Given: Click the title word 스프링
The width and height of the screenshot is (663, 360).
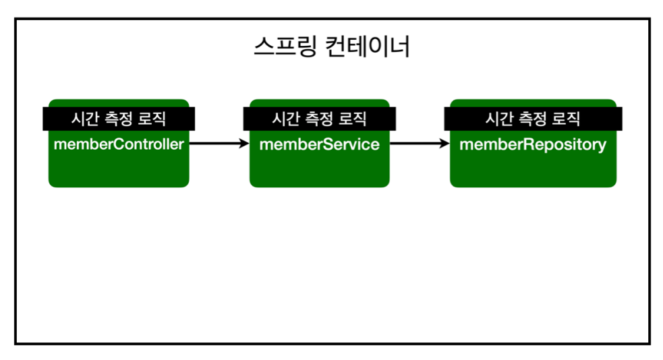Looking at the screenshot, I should point(285,47).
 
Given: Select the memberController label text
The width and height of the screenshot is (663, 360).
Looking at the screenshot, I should point(119,144).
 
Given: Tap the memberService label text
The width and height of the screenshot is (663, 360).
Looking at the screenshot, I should point(319,144).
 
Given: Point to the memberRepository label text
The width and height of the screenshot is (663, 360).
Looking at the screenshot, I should point(533,144).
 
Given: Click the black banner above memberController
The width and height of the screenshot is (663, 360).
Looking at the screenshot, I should point(119,119).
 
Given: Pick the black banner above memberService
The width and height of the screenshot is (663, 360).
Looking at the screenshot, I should point(319,119).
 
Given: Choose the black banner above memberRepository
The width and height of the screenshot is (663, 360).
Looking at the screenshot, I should point(533,119).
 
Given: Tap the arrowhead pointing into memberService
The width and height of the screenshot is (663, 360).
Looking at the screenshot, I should point(245,144).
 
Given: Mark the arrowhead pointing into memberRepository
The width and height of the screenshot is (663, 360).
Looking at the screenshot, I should point(445,144).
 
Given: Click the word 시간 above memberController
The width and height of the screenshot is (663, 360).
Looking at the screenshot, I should point(82,119).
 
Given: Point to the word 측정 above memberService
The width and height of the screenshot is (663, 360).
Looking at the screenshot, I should point(319,119).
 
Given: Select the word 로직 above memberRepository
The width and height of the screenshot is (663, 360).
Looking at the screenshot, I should point(567,119).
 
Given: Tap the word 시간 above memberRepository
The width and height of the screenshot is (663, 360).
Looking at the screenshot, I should point(498,119).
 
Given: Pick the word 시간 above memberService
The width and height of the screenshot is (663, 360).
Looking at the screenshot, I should point(284,119).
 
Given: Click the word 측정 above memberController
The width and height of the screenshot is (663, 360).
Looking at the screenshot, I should point(118,119).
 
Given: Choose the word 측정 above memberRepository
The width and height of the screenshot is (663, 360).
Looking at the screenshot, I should point(532,119).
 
